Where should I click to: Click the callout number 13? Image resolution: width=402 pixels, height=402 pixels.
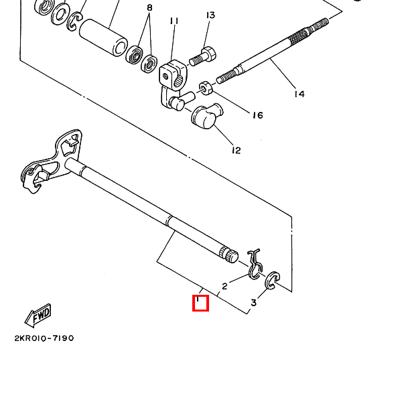click(210, 15)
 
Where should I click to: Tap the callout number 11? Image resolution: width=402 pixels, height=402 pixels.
click(174, 21)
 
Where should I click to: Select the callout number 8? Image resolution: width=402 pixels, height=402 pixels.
click(149, 7)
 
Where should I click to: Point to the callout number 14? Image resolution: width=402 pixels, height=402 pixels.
click(299, 94)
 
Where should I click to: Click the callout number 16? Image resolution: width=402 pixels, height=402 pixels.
click(258, 115)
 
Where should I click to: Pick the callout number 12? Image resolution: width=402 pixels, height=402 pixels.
click(237, 150)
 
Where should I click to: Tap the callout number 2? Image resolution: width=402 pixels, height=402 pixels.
click(224, 286)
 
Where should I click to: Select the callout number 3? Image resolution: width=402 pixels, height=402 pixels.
click(253, 303)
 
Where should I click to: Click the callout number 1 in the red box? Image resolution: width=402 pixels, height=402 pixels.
click(198, 299)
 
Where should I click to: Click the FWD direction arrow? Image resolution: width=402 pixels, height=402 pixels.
click(38, 316)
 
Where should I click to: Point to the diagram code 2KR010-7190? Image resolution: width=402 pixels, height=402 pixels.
click(44, 338)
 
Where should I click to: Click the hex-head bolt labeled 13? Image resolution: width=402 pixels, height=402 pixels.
click(202, 56)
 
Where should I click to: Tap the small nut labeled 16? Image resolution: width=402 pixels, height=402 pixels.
click(206, 88)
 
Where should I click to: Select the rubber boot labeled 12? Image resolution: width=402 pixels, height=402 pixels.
click(206, 116)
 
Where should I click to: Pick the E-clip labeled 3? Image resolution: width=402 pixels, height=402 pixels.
click(272, 281)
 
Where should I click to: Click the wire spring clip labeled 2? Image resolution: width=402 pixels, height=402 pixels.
click(255, 265)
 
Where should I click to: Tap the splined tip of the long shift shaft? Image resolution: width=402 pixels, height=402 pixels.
click(228, 255)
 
